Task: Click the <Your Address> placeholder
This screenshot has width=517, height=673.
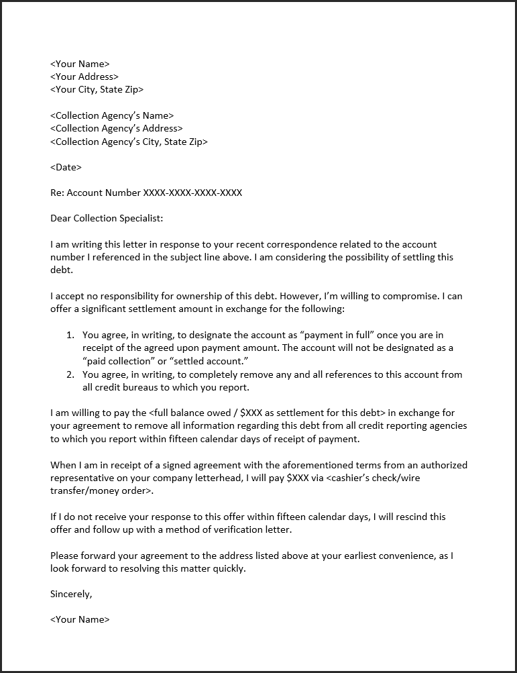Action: click(84, 77)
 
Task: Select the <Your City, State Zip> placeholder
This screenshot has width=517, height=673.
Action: click(97, 90)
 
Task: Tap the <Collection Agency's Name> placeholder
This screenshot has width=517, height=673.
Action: click(112, 116)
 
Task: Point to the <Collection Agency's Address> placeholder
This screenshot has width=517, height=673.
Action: click(116, 129)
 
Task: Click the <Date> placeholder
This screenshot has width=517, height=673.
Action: click(66, 167)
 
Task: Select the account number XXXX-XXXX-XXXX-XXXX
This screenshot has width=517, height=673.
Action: click(192, 193)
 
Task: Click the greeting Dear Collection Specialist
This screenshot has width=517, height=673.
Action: click(107, 219)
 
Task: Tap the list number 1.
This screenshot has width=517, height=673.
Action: click(70, 335)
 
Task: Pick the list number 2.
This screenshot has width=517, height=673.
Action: click(70, 374)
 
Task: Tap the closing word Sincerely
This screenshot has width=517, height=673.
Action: click(71, 594)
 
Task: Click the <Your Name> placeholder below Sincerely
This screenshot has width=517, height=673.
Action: click(80, 620)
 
